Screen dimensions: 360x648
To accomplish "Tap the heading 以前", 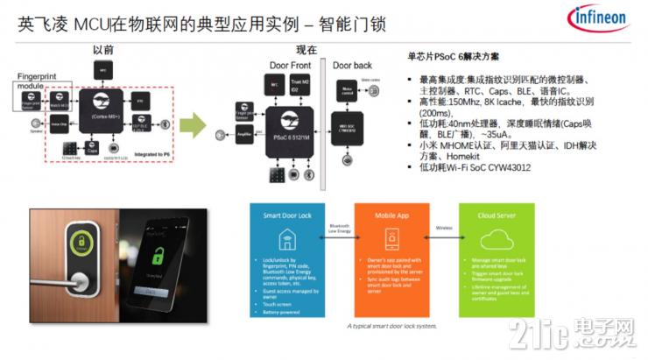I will click(x=104, y=52).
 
